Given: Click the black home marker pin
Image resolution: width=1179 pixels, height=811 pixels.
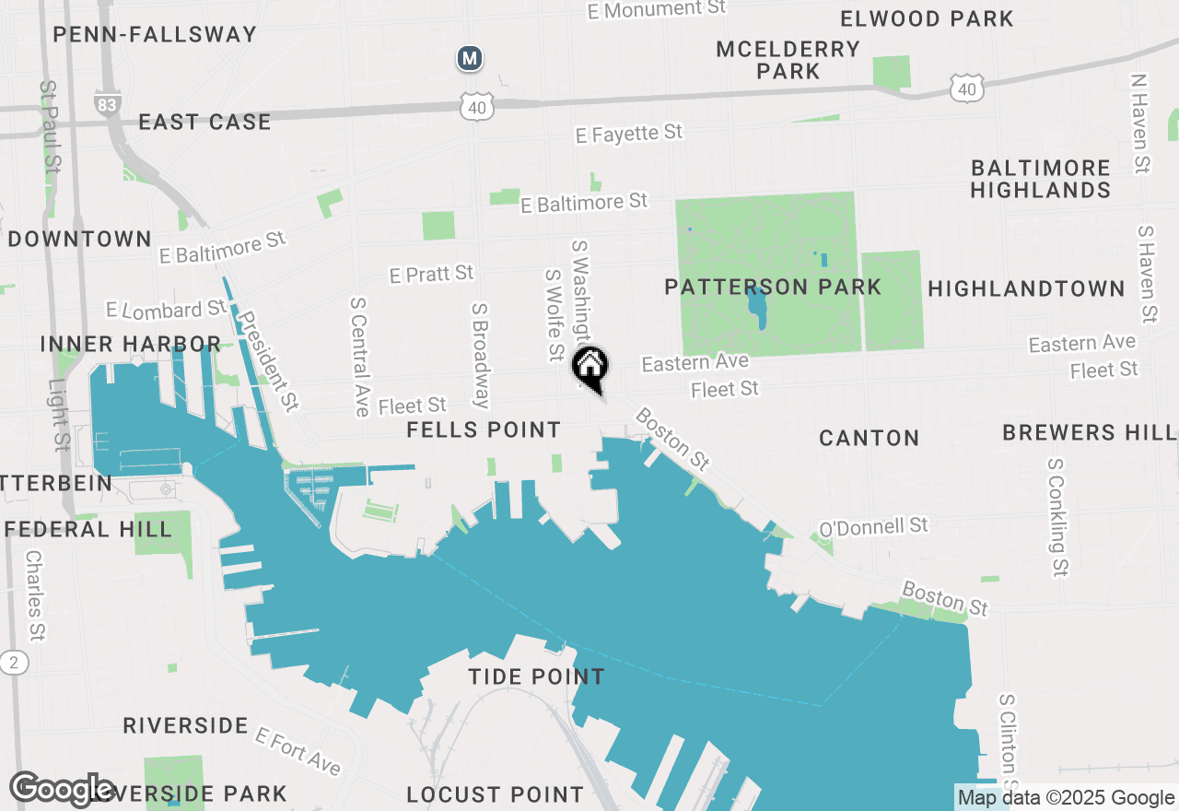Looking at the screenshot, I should [x=589, y=367].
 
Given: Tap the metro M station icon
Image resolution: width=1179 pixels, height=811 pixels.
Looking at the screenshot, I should [x=470, y=59].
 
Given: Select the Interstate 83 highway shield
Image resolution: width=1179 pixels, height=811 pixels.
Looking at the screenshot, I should [x=107, y=102].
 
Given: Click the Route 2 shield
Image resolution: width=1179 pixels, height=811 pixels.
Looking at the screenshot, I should [x=14, y=662].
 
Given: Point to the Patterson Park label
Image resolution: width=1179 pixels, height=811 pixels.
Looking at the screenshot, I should [x=773, y=287].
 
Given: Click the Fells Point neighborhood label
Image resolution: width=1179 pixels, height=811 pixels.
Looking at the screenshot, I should [x=484, y=429].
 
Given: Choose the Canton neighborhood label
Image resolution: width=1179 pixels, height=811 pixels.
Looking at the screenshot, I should [x=869, y=438].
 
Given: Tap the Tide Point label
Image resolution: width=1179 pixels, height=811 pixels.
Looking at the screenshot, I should [x=536, y=676].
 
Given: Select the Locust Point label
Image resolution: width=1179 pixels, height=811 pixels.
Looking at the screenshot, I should [x=495, y=793].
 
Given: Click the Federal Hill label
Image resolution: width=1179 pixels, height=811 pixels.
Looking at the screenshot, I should [x=88, y=529].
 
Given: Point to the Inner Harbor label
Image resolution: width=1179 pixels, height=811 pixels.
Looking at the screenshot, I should [x=130, y=344].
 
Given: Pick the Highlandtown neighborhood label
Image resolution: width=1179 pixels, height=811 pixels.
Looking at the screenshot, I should [x=1026, y=288].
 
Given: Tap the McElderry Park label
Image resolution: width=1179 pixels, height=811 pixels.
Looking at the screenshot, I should [x=788, y=60].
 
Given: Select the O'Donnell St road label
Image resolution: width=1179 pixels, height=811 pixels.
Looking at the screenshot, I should [x=874, y=527].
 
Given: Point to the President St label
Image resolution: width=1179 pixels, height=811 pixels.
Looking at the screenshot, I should [x=269, y=360].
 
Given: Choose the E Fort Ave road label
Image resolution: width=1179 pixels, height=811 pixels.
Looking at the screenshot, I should [x=298, y=751].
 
